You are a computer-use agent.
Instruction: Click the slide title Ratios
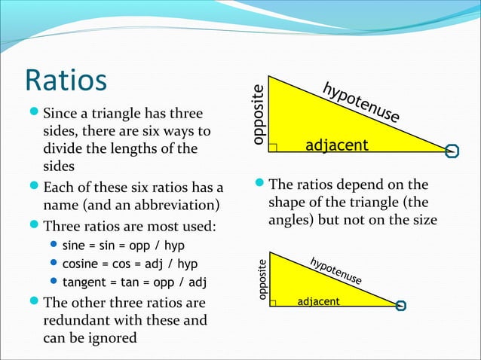tap(66, 81)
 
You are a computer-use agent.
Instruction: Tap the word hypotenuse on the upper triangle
tap(361, 103)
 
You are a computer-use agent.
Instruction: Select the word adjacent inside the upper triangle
tap(336, 145)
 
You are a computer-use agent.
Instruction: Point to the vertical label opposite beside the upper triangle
tap(259, 114)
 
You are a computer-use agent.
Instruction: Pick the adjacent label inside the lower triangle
tap(319, 302)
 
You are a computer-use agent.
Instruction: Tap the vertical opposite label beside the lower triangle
tap(262, 280)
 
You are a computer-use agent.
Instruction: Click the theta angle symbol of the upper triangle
tap(452, 151)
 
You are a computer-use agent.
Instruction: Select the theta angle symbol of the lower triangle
tap(400, 305)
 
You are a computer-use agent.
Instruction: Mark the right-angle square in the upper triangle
tap(273, 148)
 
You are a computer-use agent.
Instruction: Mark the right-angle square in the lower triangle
tap(273, 303)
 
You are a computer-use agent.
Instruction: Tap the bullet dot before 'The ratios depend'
tap(259, 185)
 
